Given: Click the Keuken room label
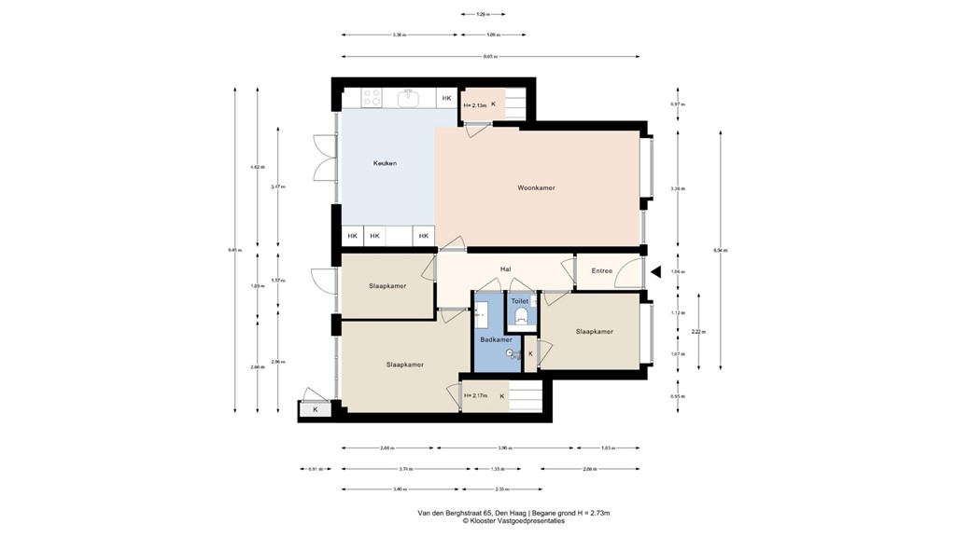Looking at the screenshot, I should pyautogui.click(x=385, y=163).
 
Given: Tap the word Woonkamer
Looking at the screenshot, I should pyautogui.click(x=536, y=187).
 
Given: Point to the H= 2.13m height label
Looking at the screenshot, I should pyautogui.click(x=474, y=105).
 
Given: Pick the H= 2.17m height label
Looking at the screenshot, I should pyautogui.click(x=474, y=396).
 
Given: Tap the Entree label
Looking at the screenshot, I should pyautogui.click(x=602, y=270).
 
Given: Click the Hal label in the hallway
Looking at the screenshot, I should pyautogui.click(x=505, y=269).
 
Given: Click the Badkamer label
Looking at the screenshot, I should pyautogui.click(x=496, y=339).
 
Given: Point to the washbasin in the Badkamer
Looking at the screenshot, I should pyautogui.click(x=481, y=314).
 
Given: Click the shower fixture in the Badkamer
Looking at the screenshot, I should pyautogui.click(x=513, y=354).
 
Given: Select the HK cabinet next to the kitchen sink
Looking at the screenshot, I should pyautogui.click(x=446, y=98).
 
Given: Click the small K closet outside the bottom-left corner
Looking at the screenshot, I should pyautogui.click(x=315, y=409).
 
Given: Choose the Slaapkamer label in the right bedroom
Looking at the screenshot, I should pyautogui.click(x=594, y=331).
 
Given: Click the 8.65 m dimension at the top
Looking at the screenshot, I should pyautogui.click(x=489, y=57).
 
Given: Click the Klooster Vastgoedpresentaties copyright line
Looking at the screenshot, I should pyautogui.click(x=513, y=521).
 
